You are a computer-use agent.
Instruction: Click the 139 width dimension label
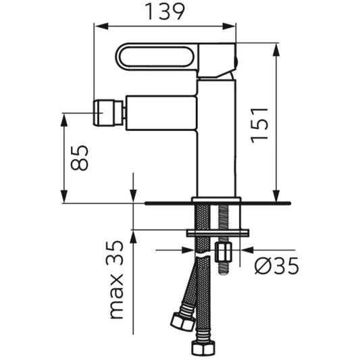[165, 11]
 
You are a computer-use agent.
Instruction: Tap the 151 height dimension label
[259, 125]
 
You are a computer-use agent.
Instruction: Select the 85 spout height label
[80, 158]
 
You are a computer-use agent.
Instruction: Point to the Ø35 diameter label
[277, 265]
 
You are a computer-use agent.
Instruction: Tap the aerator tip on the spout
[108, 113]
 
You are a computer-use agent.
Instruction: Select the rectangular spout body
[161, 113]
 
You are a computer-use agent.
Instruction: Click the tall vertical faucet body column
[217, 138]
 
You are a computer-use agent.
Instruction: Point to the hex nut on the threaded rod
[224, 253]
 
